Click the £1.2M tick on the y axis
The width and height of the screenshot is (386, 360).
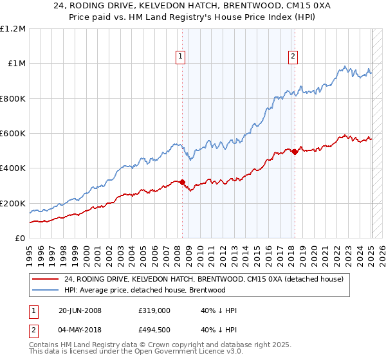[x=13, y=29]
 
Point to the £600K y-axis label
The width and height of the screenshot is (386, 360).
[x=13, y=134]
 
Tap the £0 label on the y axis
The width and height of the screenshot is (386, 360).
[x=20, y=239]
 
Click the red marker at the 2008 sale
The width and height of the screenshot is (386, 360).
[x=183, y=182]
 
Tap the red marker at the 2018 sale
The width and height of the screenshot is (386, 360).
[x=295, y=152]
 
